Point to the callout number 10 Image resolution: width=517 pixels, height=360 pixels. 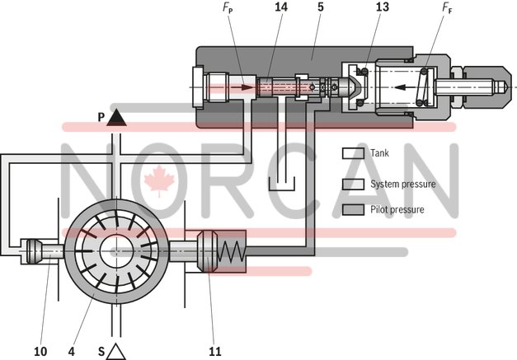click(40, 351)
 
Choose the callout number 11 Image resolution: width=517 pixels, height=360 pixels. click(215, 351)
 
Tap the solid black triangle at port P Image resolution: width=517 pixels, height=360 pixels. click(116, 118)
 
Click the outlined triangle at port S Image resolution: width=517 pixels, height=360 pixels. click(116, 351)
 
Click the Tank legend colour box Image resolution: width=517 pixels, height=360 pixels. click(353, 153)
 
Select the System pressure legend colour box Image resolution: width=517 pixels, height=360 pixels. click(353, 183)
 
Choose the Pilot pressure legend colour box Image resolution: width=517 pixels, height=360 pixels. click(353, 209)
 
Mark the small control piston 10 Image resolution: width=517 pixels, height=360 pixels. click(40, 250)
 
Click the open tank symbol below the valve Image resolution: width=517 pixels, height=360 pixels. click(283, 176)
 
